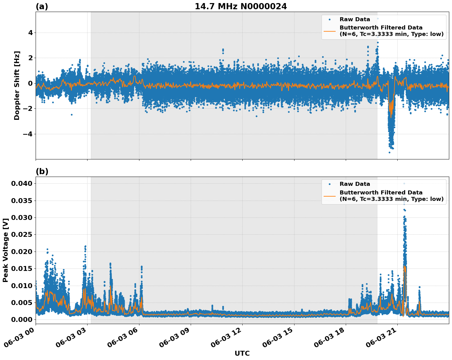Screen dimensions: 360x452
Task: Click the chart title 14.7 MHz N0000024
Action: (x=241, y=6)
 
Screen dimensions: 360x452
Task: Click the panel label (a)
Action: (x=42, y=6)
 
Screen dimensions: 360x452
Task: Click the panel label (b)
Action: (x=42, y=171)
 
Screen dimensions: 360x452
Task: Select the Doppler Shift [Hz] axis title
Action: (x=17, y=85)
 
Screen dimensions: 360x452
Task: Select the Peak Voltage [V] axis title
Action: (x=5, y=250)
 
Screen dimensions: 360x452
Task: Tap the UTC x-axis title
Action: (x=242, y=353)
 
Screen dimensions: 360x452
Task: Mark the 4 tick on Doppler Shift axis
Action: (x=30, y=33)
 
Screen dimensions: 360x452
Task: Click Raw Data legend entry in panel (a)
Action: (x=355, y=19)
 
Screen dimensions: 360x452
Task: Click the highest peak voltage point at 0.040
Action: (x=404, y=184)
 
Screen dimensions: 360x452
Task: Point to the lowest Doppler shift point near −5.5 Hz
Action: (x=389, y=152)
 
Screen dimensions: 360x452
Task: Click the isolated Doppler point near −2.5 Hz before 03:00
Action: (x=72, y=115)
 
